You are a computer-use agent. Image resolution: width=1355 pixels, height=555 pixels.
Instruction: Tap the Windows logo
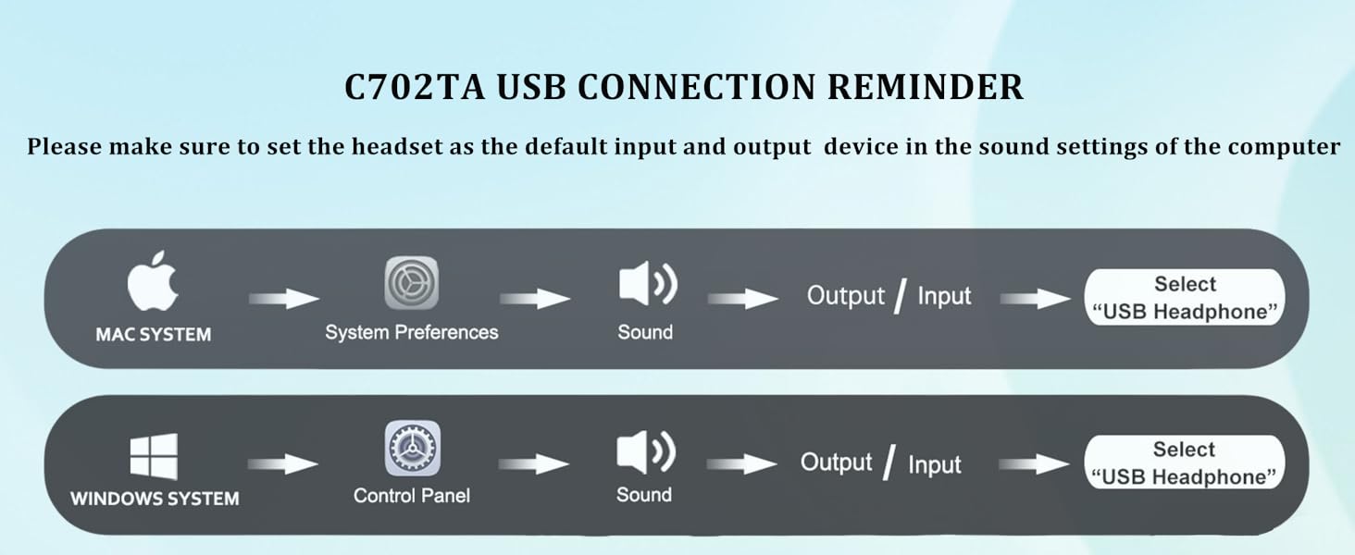pyautogui.click(x=154, y=457)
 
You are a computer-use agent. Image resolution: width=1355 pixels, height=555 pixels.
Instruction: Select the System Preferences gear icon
pyautogui.click(x=412, y=283)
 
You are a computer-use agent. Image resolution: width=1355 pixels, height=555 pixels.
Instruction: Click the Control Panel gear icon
pyautogui.click(x=412, y=449)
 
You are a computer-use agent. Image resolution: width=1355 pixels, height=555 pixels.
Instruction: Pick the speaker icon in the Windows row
pyautogui.click(x=646, y=452)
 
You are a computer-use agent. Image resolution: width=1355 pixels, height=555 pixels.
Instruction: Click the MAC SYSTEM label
pyautogui.click(x=153, y=334)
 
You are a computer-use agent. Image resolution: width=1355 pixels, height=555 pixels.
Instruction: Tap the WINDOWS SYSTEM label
pyautogui.click(x=155, y=499)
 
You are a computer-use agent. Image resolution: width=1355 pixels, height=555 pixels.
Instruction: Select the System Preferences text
pyautogui.click(x=412, y=332)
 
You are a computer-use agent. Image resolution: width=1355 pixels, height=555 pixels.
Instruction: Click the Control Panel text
pyautogui.click(x=412, y=496)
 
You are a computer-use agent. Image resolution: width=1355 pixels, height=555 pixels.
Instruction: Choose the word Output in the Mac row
pyautogui.click(x=846, y=296)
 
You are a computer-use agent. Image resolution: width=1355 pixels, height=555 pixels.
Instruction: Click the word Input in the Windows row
pyautogui.click(x=935, y=464)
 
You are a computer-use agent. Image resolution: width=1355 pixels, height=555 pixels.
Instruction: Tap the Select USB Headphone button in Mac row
pyautogui.click(x=1185, y=298)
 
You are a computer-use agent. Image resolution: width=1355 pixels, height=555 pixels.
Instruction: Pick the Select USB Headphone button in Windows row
pyautogui.click(x=1185, y=462)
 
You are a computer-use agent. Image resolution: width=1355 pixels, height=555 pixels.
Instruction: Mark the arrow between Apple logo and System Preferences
pyautogui.click(x=284, y=299)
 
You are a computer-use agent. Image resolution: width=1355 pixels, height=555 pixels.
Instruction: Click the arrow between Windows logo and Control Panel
pyautogui.click(x=284, y=463)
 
